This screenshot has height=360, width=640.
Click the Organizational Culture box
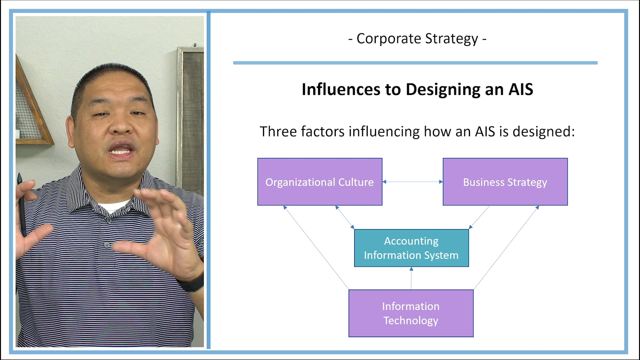[x=319, y=182]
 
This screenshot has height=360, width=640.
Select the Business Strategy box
[x=505, y=182]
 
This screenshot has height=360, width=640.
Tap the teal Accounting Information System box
[x=411, y=248]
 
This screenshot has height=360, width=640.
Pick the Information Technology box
[x=411, y=313]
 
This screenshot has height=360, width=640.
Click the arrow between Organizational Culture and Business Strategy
[x=412, y=182]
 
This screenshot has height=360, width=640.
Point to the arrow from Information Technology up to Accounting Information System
[x=411, y=278]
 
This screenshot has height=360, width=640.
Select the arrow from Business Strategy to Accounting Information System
[x=480, y=217]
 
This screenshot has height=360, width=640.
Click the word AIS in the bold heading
[x=520, y=89]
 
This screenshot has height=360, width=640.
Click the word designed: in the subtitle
[x=543, y=132]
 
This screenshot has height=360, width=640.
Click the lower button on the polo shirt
[x=107, y=245]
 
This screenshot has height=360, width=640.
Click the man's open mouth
[x=121, y=150]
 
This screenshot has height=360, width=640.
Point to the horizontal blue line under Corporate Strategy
[x=415, y=63]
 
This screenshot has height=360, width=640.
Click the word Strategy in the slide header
[x=451, y=39]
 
